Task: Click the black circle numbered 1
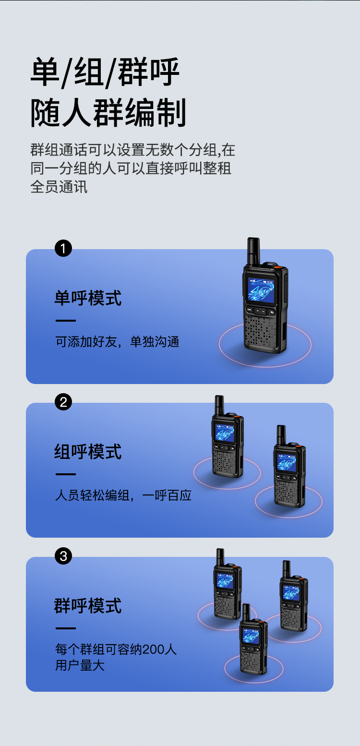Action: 63,248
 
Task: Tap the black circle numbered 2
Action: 63,402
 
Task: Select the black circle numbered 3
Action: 63,556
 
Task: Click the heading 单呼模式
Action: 88,298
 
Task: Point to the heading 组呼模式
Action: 88,452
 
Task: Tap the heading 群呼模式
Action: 88,606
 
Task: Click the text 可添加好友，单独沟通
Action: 117,342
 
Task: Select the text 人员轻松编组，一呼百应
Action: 123,495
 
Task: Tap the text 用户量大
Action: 80,665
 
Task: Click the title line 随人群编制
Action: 108,113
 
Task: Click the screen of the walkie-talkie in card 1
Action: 261,290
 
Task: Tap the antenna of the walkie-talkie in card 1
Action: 253,251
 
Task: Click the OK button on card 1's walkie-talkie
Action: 250,309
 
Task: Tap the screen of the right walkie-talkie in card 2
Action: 287,463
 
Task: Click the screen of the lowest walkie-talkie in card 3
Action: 251,636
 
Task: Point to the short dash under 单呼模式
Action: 66,320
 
